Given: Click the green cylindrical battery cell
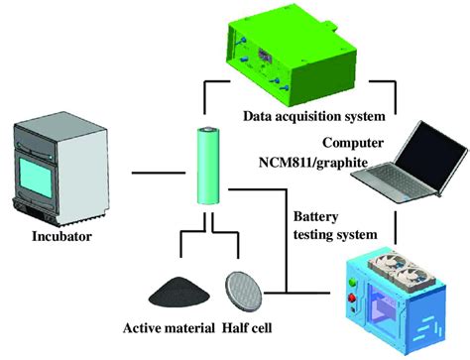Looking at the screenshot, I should click(210, 166).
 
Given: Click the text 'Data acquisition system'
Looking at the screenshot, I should click(320, 118).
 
